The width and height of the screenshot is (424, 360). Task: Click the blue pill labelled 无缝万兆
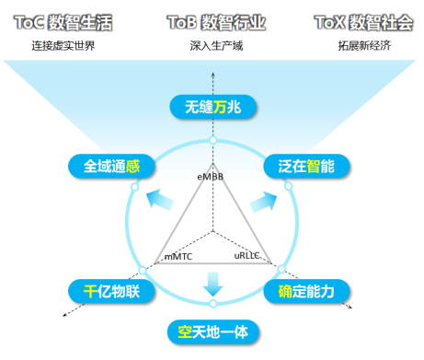pos(212,107)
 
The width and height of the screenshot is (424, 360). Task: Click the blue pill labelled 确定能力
pos(305,291)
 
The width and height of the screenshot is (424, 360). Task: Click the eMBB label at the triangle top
pos(211,175)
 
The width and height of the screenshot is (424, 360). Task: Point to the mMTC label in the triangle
pos(178,257)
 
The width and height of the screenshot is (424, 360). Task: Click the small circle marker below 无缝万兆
pos(212,140)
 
